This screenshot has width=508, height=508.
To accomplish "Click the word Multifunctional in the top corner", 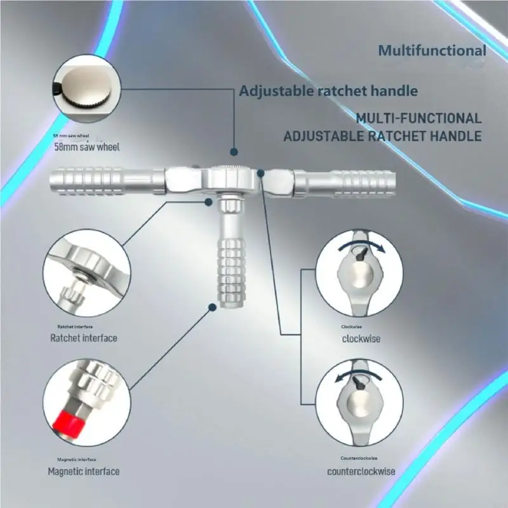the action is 432,51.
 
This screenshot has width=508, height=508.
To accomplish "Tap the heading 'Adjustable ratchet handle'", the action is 328,91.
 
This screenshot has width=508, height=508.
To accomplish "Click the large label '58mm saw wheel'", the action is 87,147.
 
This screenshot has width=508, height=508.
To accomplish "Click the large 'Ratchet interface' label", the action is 84,338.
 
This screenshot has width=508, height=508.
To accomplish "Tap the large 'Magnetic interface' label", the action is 84,471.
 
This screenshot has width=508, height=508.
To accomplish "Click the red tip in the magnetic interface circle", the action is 69,424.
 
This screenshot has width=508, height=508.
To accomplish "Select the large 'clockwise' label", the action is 361,339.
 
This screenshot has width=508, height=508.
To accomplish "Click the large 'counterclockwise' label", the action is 361,471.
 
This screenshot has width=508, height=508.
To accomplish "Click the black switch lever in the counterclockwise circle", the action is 359,383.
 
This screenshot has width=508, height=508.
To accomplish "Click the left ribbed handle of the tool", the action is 107,181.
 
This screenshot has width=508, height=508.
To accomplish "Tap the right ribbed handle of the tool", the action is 344,184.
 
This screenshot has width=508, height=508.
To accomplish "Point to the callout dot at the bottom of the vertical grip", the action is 213,307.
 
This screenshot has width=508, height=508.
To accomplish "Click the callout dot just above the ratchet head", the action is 234,152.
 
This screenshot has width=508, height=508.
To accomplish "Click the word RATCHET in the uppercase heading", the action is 398,136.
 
